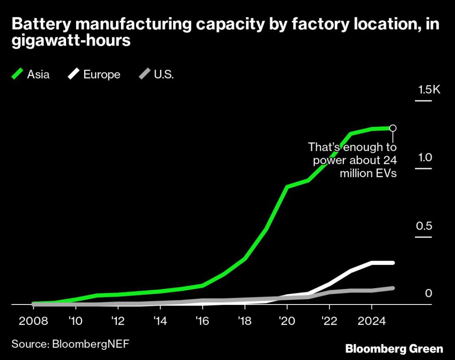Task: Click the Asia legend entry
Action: (31, 74)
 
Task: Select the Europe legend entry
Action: (94, 74)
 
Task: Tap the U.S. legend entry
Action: (156, 74)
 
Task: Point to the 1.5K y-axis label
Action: (428, 90)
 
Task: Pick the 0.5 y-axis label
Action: (424, 226)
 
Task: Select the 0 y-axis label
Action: (428, 293)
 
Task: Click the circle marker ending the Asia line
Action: (393, 128)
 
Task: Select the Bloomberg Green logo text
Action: (394, 348)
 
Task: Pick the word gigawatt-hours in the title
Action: (71, 41)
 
